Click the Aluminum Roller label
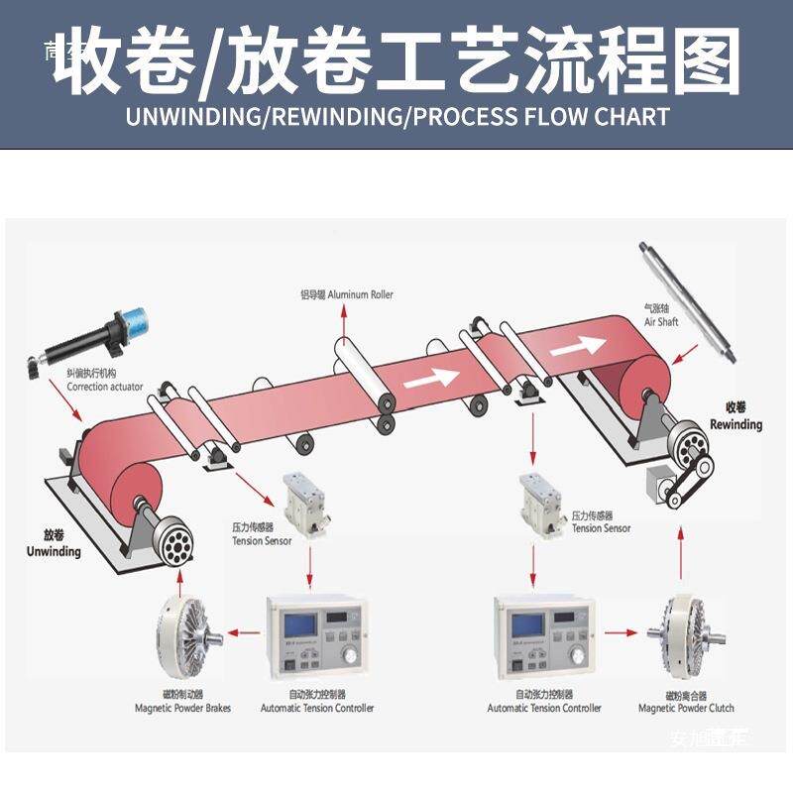[x=347, y=294]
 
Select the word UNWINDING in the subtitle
[x=192, y=116]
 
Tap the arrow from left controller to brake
[x=240, y=630]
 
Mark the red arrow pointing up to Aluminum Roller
[x=344, y=322]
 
